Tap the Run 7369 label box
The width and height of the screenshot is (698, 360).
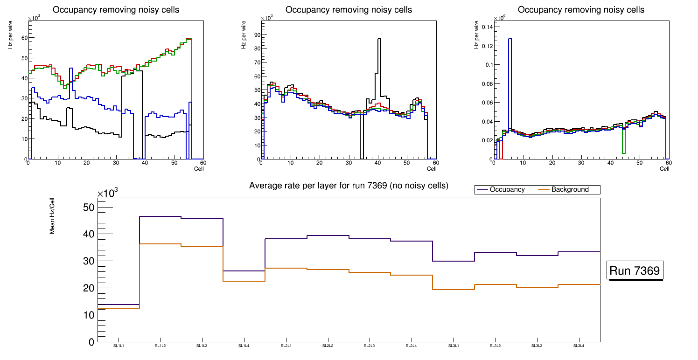[x=635, y=270]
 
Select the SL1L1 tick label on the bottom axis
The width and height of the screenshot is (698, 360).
[x=119, y=346]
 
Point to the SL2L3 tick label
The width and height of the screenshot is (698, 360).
[x=370, y=346]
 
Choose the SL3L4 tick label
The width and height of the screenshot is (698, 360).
[x=579, y=346]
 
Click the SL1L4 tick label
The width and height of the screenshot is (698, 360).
[x=244, y=346]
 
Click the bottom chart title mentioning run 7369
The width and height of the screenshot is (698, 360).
[x=349, y=186]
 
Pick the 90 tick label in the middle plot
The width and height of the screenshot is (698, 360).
[x=256, y=35]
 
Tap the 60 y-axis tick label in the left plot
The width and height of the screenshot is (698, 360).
[x=23, y=38]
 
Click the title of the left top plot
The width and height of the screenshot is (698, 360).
[x=116, y=10]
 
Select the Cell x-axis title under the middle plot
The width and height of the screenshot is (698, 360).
[x=431, y=168]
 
